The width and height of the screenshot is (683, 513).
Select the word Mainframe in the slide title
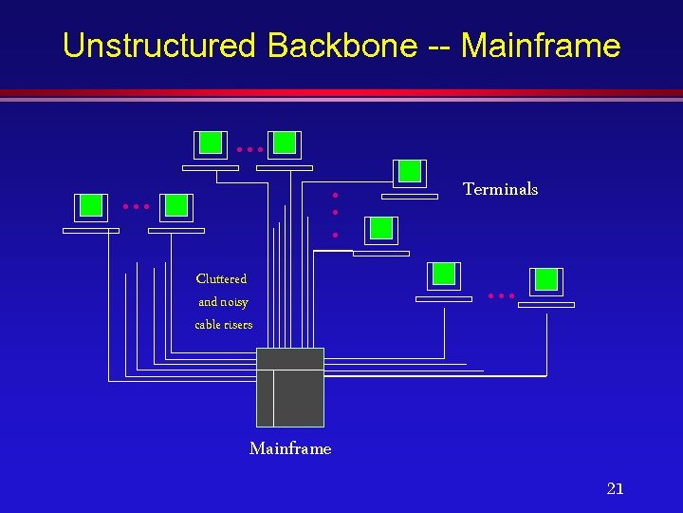pos(541,46)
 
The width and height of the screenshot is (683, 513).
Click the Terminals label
pos(500,189)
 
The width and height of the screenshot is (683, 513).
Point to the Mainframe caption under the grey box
pos(290,448)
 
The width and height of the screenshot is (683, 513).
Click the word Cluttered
pos(221,279)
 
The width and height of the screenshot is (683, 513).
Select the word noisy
pos(234,302)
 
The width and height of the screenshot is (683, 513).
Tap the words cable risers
pos(224,325)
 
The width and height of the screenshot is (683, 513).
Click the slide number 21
pos(615,489)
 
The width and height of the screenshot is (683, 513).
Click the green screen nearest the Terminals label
pos(410,171)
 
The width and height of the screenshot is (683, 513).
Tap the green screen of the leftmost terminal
pos(90,205)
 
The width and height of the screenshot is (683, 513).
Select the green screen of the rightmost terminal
pos(546,279)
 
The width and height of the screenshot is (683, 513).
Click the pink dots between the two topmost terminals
pos(249,150)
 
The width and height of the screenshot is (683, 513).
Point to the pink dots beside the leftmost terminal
pos(136,206)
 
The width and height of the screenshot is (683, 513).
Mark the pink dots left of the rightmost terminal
pos(501,295)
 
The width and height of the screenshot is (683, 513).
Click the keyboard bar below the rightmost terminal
pos(546,305)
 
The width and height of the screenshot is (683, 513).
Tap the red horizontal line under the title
pos(341,93)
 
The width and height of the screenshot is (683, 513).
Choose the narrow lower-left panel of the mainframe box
pos(265,398)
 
